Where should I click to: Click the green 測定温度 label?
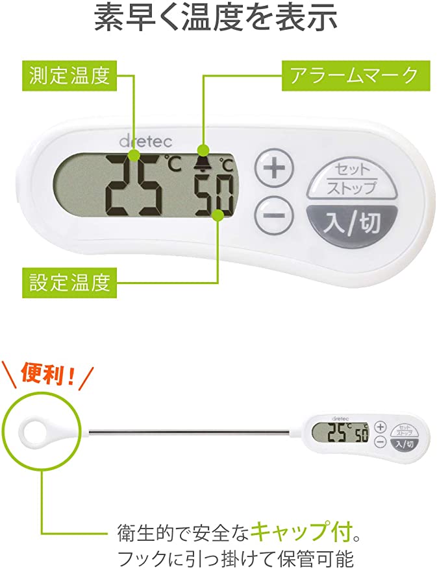click(69, 76)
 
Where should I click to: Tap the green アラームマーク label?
click(354, 76)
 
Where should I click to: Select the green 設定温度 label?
click(69, 283)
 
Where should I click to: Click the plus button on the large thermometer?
click(274, 169)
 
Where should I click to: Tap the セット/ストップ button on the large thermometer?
click(351, 178)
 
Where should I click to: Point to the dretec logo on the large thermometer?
click(145, 141)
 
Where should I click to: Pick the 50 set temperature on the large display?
click(214, 195)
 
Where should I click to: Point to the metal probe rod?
click(189, 433)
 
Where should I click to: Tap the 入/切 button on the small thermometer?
click(405, 444)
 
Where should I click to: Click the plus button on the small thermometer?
click(381, 427)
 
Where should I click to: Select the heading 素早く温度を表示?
click(216, 18)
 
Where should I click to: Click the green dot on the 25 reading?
click(134, 155)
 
